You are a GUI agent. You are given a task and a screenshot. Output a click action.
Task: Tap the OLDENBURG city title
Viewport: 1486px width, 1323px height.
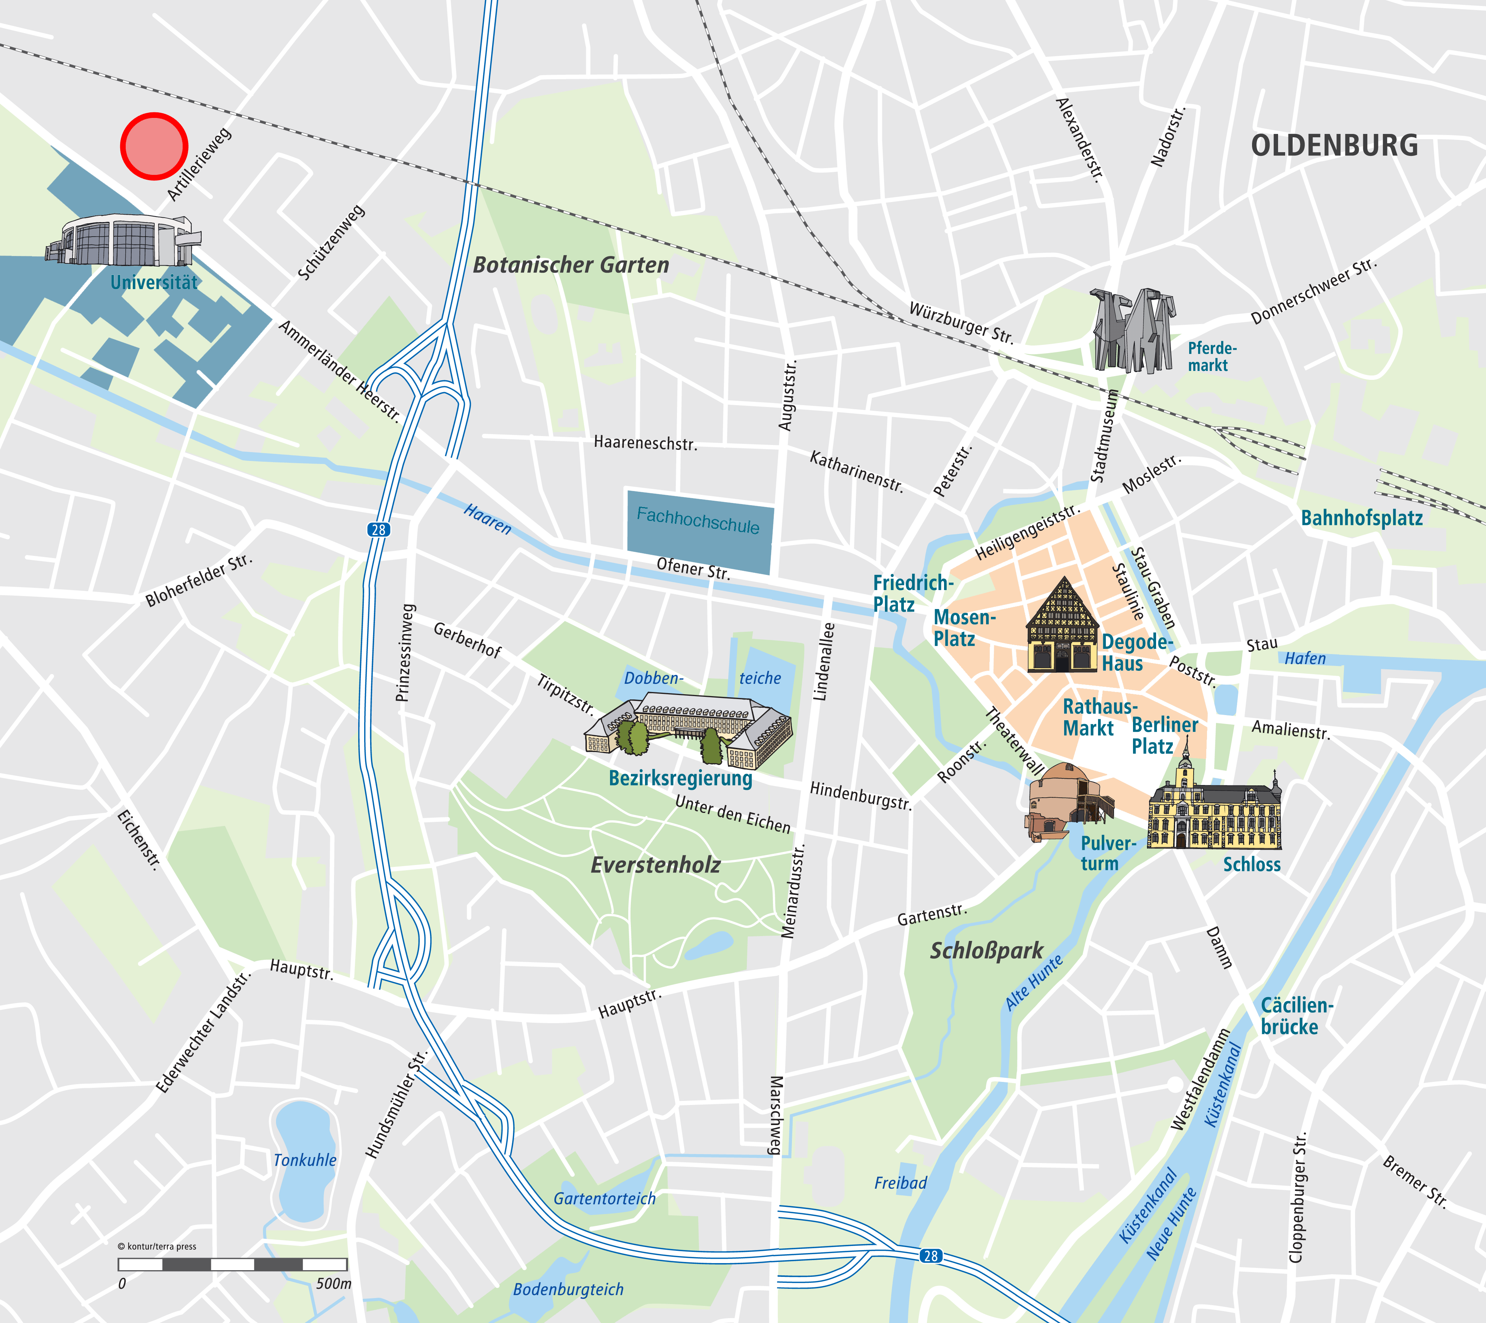(1334, 145)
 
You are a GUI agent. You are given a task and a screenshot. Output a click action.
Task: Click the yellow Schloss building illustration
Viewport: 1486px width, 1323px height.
(1214, 813)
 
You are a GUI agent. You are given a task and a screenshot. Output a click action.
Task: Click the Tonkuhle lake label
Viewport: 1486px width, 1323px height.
(305, 1160)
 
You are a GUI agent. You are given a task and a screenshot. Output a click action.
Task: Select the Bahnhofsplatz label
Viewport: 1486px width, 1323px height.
(1361, 518)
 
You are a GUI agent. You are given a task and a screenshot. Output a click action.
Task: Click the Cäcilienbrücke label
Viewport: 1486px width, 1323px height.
(1296, 1016)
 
